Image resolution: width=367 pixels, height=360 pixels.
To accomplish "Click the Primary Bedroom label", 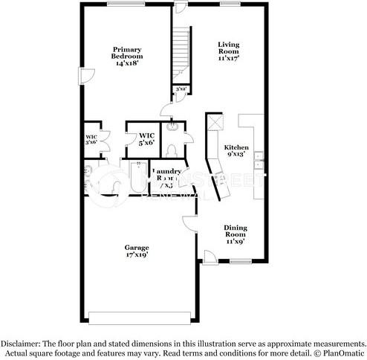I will (128, 57).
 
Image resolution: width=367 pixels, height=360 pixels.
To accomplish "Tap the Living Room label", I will (228, 50).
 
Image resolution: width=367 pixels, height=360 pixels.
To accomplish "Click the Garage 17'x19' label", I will (137, 251).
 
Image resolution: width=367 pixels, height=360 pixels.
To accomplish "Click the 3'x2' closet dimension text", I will (181, 89).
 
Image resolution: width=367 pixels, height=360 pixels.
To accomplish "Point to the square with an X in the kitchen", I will (216, 123).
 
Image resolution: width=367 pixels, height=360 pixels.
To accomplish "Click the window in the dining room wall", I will (239, 262).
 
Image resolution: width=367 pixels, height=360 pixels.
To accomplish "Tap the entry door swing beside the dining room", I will (210, 256).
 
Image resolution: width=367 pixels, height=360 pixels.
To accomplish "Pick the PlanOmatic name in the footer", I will (342, 353).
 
